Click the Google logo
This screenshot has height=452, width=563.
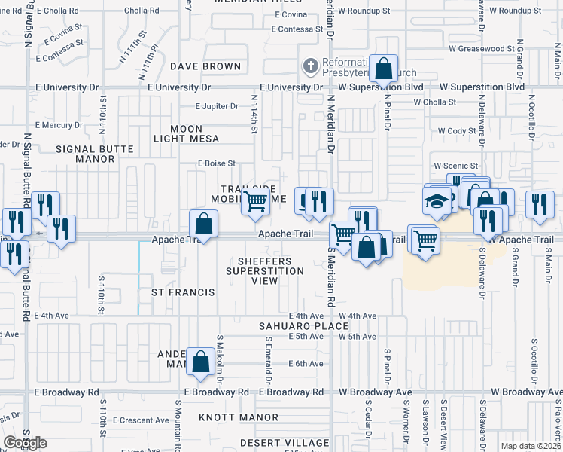(x=25, y=443)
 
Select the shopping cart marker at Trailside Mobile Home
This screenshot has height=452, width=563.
(x=255, y=202)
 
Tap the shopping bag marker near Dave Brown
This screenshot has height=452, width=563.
(x=383, y=69)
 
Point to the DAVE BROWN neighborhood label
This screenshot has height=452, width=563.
(x=205, y=66)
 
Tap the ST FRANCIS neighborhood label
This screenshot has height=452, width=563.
(x=183, y=292)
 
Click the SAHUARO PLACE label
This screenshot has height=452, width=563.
(x=304, y=326)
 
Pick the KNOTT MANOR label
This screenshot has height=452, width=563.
(x=239, y=417)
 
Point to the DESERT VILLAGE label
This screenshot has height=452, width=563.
(x=275, y=443)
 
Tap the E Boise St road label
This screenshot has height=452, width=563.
(x=217, y=163)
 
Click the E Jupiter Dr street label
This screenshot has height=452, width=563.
(x=217, y=107)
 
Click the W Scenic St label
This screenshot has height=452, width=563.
(x=455, y=166)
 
